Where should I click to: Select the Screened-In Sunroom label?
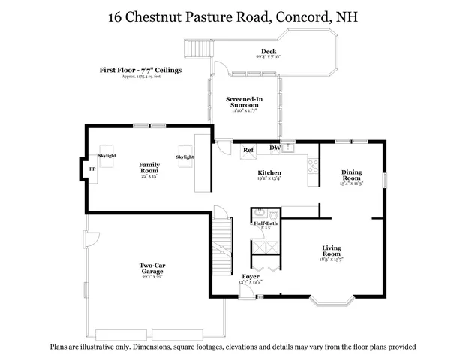244,103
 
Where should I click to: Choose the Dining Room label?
351,175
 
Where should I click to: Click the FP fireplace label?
92,169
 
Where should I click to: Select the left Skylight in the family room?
107,155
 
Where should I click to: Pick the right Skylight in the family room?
185,157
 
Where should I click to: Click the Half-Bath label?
266,224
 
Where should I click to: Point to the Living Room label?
332,250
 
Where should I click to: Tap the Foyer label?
250,277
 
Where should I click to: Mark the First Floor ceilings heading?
141,70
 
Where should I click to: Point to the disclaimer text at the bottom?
233,346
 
